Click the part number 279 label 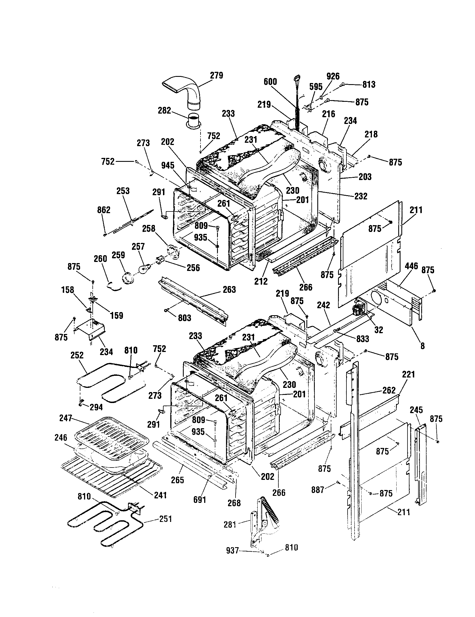point(216,76)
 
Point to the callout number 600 point(270,82)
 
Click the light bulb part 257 point(146,267)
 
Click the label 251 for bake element point(166,519)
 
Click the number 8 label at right point(422,346)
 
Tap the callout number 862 point(104,210)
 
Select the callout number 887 point(318,490)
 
